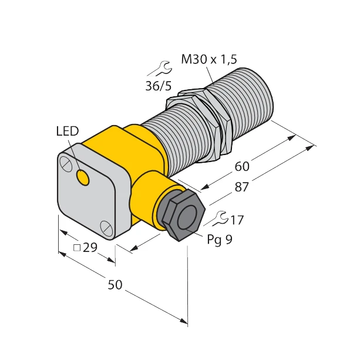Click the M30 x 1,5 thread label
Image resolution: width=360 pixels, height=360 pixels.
pos(208,59)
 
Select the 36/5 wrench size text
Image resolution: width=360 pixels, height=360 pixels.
pos(158,86)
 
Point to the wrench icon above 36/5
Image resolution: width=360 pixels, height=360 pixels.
pos(156,70)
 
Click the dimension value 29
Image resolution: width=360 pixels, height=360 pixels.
pos(89,247)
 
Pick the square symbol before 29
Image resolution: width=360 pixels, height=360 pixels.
pos(76,247)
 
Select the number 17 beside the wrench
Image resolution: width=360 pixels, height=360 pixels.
pos(237,220)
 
